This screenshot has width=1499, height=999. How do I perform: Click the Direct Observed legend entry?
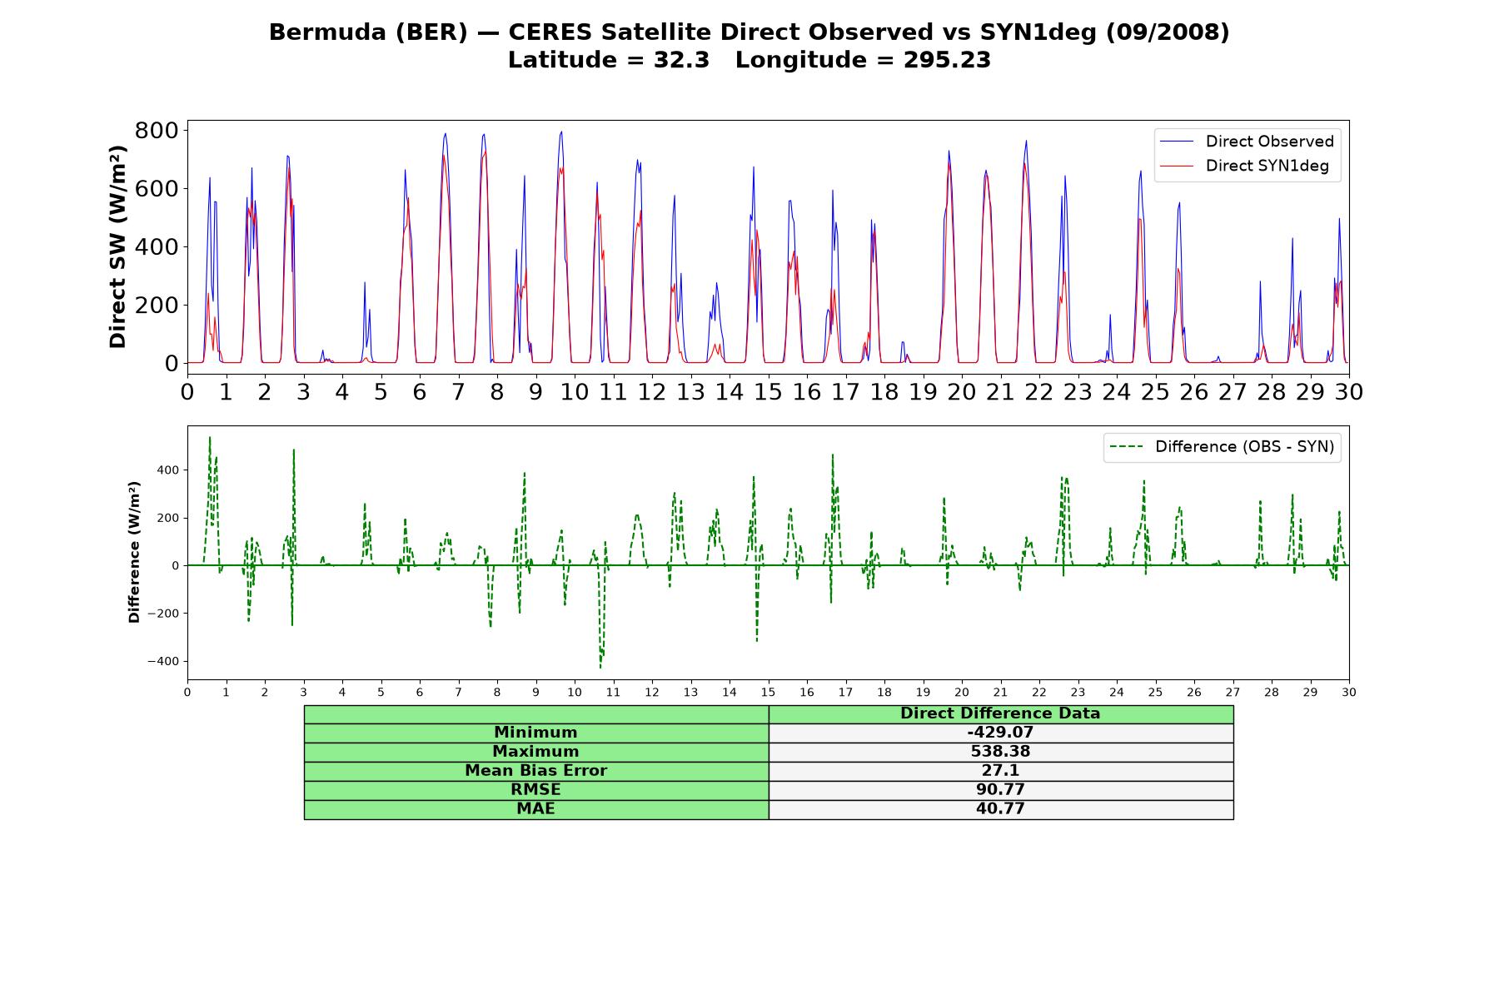point(1247,142)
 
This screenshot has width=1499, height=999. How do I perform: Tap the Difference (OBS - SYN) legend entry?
point(1223,447)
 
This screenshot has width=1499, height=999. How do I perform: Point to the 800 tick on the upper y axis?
point(157,131)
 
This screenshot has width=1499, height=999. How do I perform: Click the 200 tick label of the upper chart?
point(157,306)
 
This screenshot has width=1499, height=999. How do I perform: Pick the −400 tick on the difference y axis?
point(163,662)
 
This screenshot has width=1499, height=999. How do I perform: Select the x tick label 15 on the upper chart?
point(768,391)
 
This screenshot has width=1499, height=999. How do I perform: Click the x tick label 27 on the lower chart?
point(1233,692)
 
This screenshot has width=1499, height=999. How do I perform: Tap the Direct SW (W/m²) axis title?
point(118,246)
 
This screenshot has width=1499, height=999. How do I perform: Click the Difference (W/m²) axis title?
point(134,552)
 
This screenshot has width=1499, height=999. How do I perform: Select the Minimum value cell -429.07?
point(1000,733)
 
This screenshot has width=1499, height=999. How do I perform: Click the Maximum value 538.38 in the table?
point(1000,752)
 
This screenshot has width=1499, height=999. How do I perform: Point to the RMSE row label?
point(535,790)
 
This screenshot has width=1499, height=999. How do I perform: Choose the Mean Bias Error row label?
point(535,771)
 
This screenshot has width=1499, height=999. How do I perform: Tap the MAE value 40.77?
point(1000,809)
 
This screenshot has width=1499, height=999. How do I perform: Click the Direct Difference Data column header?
point(1000,713)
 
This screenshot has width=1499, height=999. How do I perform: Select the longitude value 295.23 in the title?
point(947,60)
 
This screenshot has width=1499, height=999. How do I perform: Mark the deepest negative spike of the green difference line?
point(600,668)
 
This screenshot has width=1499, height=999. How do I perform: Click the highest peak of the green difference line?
point(210,437)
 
